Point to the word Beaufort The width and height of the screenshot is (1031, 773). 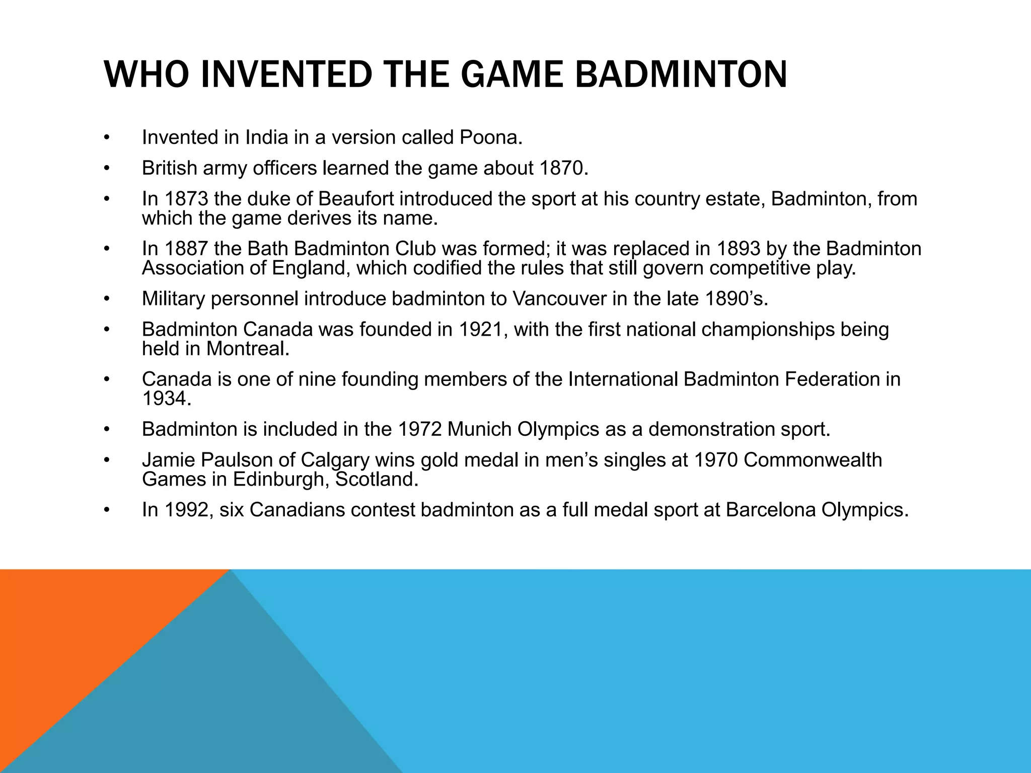click(358, 199)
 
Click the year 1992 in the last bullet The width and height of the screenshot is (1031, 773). click(185, 510)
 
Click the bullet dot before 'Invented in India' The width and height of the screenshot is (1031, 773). click(106, 138)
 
